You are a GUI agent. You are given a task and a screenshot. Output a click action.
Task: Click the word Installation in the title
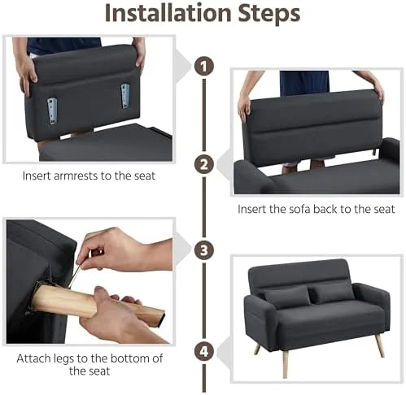pos(168,13)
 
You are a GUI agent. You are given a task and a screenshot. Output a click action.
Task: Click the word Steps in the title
pos(269,14)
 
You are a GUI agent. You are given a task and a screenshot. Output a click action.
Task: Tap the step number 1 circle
pos(204,66)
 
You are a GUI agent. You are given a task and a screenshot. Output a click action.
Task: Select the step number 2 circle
pos(204,164)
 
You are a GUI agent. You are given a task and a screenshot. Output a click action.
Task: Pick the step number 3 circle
pos(204,250)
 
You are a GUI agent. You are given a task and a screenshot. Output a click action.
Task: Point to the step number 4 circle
pos(204,352)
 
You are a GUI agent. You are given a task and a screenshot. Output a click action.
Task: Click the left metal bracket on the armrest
pos(52,111)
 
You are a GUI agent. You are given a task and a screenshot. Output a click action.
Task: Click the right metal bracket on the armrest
pos(125,96)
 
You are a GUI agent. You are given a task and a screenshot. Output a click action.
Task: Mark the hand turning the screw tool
pos(124,250)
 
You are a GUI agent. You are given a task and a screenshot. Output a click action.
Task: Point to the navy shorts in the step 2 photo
pos(304,82)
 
